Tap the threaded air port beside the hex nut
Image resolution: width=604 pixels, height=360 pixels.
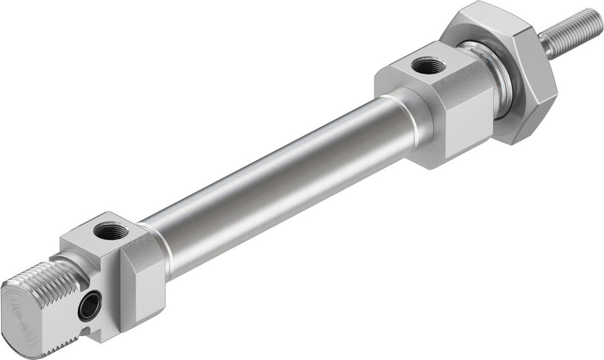(x=430, y=65)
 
